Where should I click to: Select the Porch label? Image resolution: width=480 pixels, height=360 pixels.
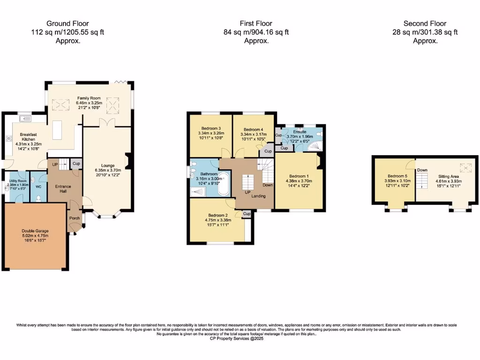(x=75, y=218)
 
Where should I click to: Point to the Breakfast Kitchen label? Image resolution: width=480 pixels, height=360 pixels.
(x=22, y=136)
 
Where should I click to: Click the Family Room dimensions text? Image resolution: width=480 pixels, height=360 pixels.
(x=89, y=103)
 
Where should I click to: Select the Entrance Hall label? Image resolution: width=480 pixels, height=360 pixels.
(x=63, y=189)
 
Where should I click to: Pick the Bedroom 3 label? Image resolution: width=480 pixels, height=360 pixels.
(x=211, y=128)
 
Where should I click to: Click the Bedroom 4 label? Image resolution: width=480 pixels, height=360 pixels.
(x=253, y=129)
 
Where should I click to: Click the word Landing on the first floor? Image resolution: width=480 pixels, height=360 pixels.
(x=258, y=196)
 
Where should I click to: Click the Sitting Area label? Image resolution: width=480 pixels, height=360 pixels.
(x=449, y=176)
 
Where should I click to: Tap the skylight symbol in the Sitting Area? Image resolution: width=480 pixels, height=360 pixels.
(x=465, y=167)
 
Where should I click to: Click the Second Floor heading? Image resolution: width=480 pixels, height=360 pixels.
(x=425, y=23)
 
